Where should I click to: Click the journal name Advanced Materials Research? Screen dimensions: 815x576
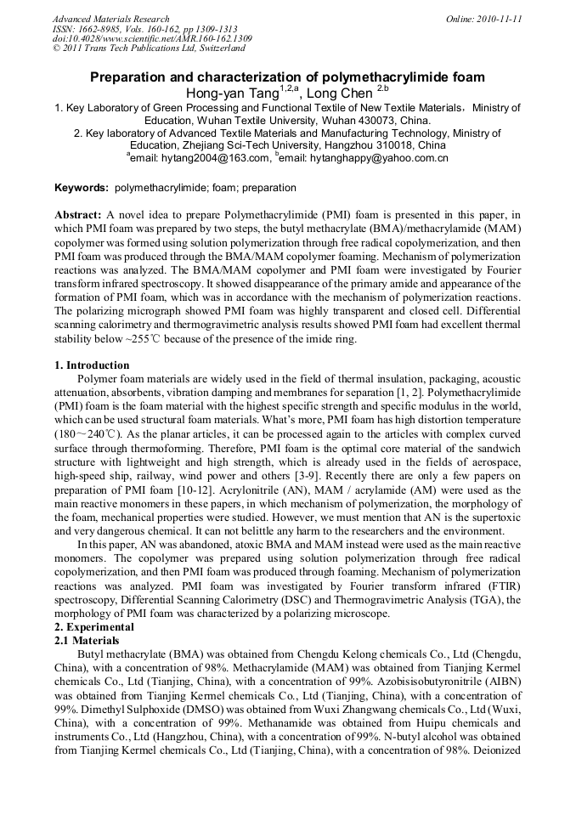pos(110,19)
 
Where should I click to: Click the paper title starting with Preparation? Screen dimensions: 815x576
pos(287,77)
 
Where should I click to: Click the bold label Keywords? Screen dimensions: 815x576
pos(82,188)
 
